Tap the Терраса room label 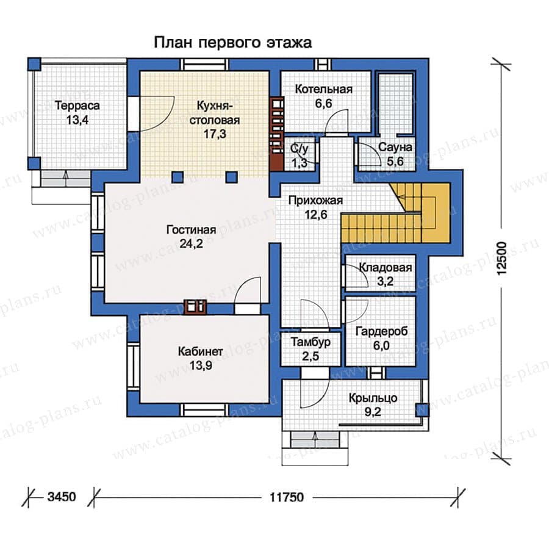(77, 106)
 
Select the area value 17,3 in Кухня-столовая (215, 134)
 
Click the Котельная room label (324, 89)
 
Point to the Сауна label (395, 148)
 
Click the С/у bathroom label (300, 149)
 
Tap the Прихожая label (316, 201)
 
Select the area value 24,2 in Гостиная (191, 243)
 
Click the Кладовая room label (386, 268)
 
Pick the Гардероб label (382, 331)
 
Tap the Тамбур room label (311, 342)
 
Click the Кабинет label (200, 351)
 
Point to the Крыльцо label (373, 398)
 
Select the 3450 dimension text (62, 497)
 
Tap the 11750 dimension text (287, 497)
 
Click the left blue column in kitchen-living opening (178, 177)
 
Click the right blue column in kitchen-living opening (231, 177)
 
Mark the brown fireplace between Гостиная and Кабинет (195, 306)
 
